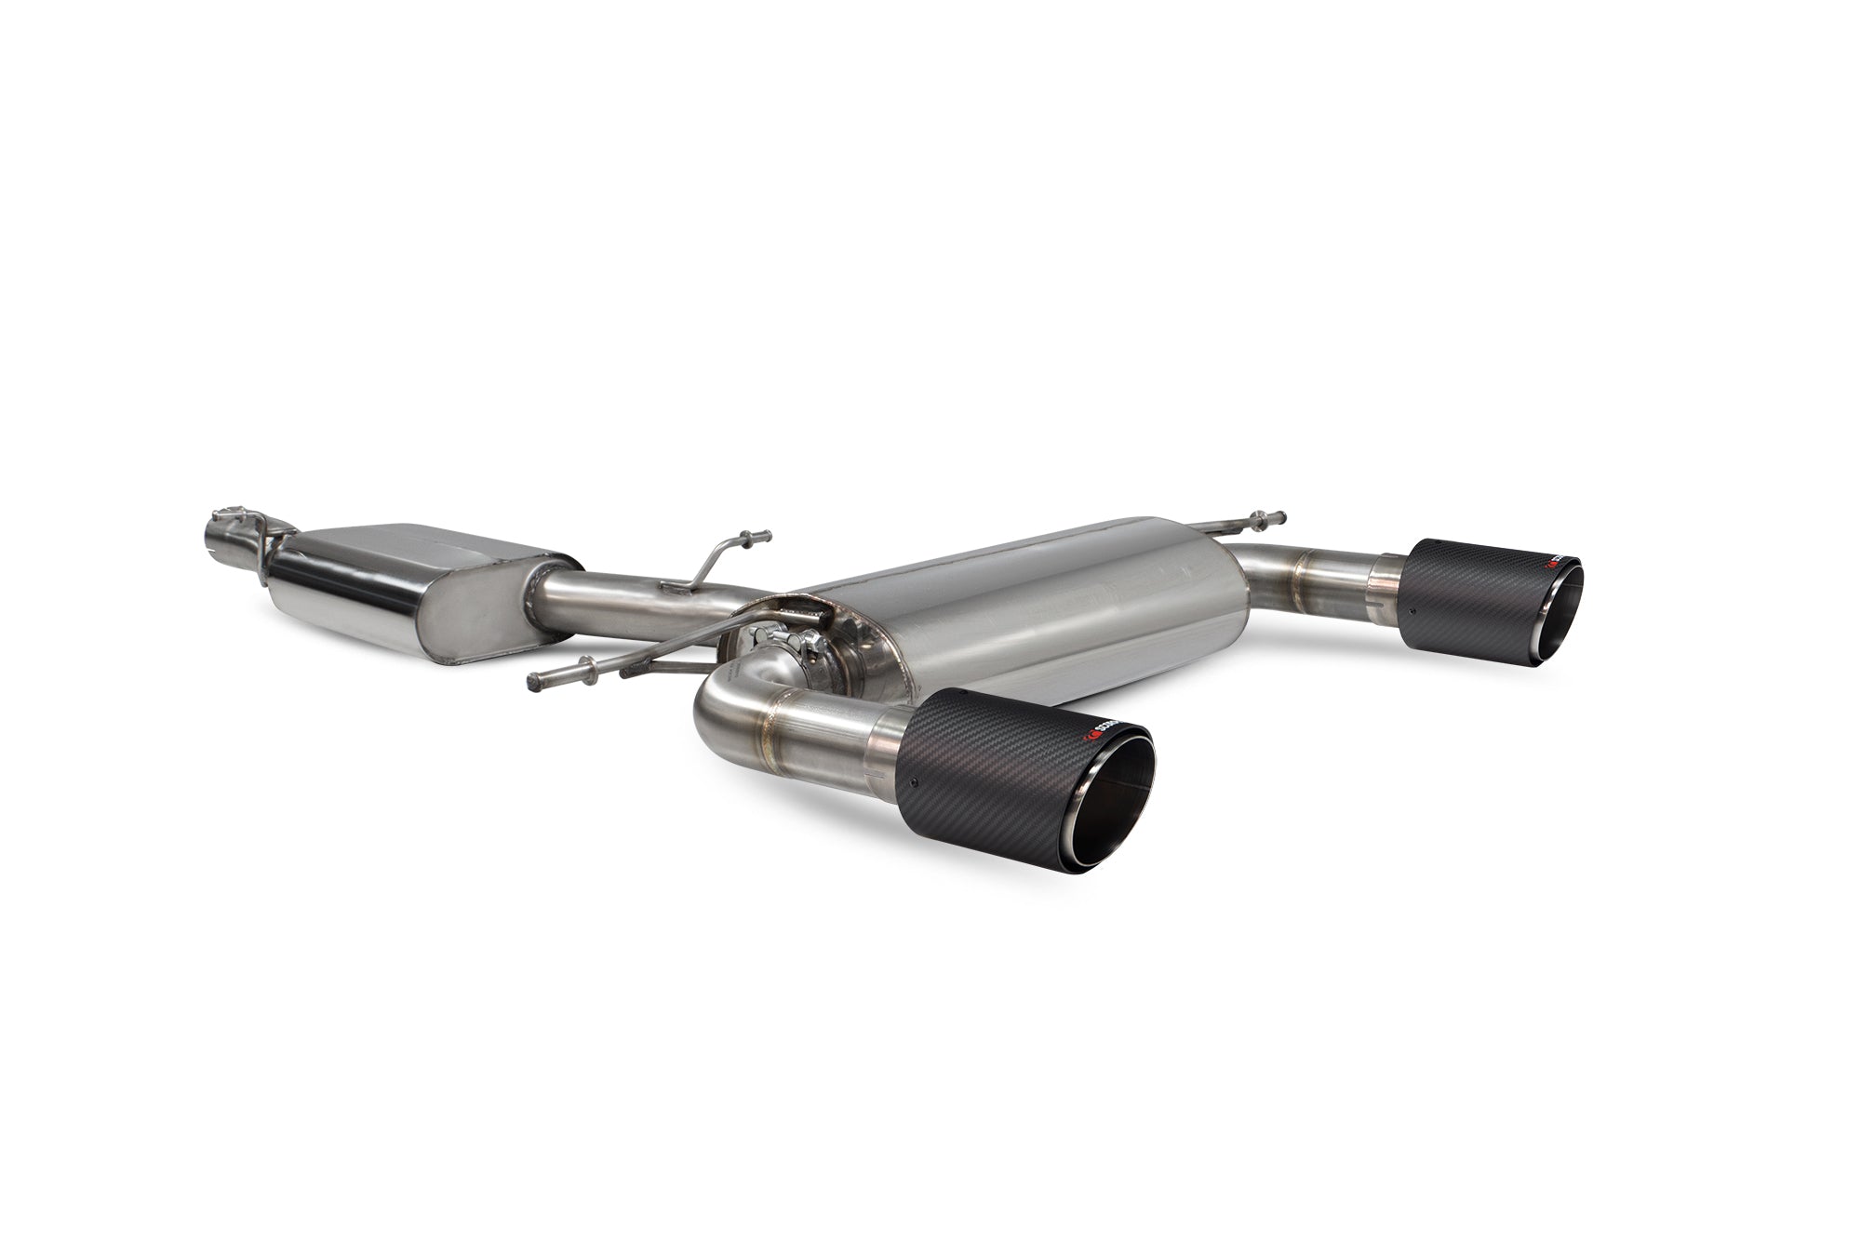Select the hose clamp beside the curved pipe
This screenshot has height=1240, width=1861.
pyautogui.click(x=786, y=642)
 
